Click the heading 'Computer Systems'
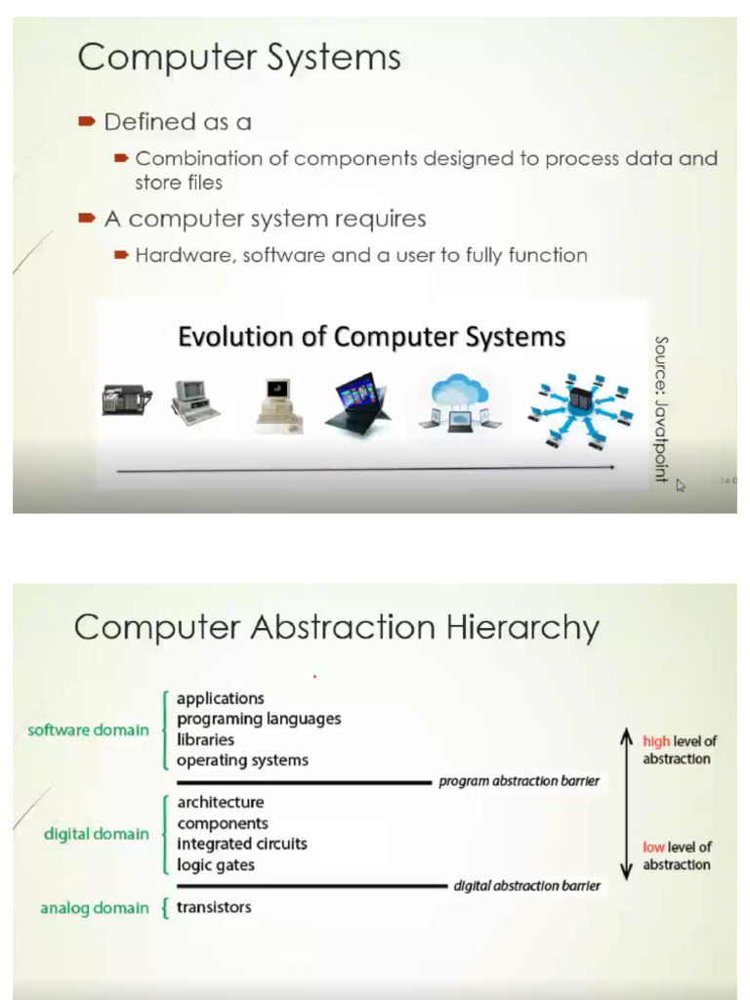pyautogui.click(x=239, y=58)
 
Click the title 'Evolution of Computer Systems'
pyautogui.click(x=371, y=337)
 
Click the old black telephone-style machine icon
pyautogui.click(x=126, y=399)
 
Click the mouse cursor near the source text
pyautogui.click(x=681, y=484)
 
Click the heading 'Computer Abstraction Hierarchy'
pyautogui.click(x=337, y=627)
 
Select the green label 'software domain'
pyautogui.click(x=89, y=729)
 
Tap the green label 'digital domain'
pyautogui.click(x=97, y=834)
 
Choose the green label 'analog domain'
pyautogui.click(x=95, y=908)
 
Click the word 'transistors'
pyautogui.click(x=214, y=907)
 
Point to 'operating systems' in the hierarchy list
pyautogui.click(x=242, y=760)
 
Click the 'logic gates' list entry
pyautogui.click(x=216, y=864)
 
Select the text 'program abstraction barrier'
pyautogui.click(x=519, y=781)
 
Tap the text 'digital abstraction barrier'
pyautogui.click(x=527, y=887)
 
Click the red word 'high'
pyautogui.click(x=656, y=742)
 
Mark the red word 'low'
pyautogui.click(x=653, y=847)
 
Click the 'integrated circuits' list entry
pyautogui.click(x=242, y=844)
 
